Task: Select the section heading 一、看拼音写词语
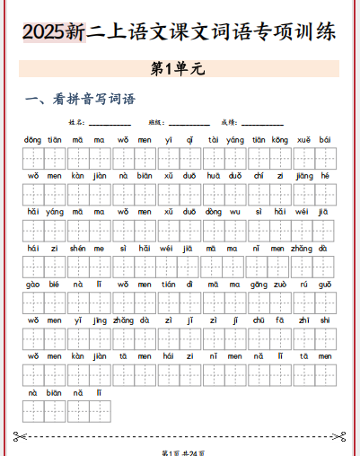tap(81, 99)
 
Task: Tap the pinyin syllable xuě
tap(303, 140)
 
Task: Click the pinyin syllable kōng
tap(280, 140)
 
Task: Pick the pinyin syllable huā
tap(213, 175)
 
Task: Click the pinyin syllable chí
tap(259, 175)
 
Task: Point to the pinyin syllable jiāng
tap(303, 175)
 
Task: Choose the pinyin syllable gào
tap(33, 284)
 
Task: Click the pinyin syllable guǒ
tap(324, 284)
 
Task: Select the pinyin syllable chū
tap(259, 320)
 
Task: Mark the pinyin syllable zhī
tap(303, 320)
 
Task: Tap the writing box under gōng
tap(259, 303)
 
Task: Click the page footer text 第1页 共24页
tap(180, 451)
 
